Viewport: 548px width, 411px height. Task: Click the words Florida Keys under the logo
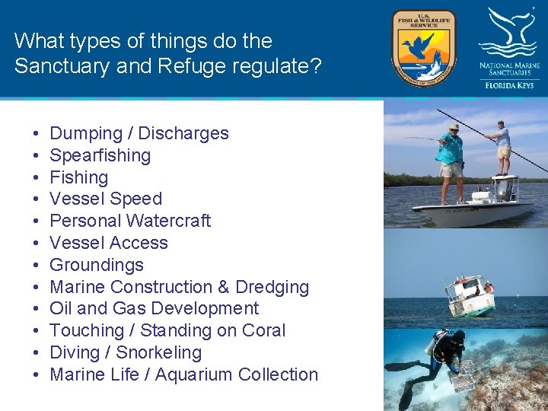(509, 86)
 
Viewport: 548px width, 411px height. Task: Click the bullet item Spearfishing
(100, 155)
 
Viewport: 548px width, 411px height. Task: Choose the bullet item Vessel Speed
(106, 199)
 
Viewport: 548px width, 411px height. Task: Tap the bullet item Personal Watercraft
(130, 221)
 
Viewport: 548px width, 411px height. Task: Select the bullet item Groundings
(96, 265)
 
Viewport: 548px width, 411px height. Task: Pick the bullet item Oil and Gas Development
(154, 308)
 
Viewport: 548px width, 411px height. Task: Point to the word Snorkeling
(158, 352)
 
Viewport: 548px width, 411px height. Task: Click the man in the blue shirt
(451, 159)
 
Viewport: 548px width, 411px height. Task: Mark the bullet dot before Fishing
(37, 177)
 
